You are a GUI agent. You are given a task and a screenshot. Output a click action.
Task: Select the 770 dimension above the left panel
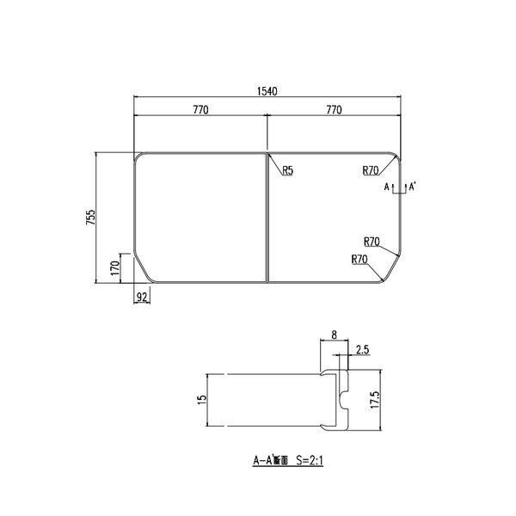[200, 110]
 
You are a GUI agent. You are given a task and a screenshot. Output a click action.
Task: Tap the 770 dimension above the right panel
[334, 110]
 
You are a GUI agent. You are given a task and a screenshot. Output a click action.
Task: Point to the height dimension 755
[90, 218]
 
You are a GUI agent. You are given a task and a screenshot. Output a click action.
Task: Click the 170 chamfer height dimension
[114, 267]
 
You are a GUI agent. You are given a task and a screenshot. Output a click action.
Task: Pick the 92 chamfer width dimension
[143, 297]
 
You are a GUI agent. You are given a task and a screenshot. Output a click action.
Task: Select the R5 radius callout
[287, 170]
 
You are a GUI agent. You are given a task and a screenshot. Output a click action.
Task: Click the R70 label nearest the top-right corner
[371, 170]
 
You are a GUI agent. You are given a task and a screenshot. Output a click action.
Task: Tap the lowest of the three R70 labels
[359, 259]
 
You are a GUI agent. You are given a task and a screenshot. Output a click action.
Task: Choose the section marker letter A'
[413, 186]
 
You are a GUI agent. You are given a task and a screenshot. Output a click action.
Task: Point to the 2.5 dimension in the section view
[362, 349]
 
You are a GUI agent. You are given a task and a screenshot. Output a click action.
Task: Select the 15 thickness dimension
[201, 401]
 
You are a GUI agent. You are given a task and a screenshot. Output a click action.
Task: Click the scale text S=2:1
[309, 460]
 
